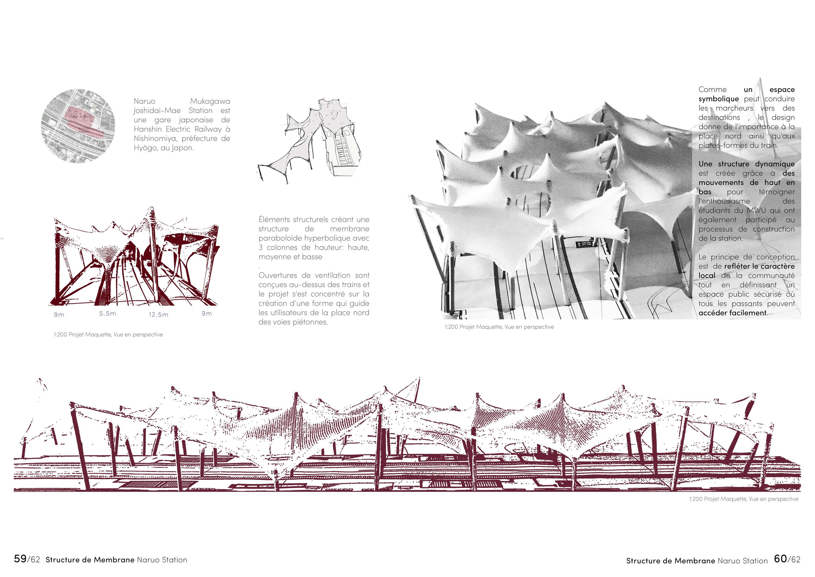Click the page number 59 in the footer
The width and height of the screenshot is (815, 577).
(x=20, y=559)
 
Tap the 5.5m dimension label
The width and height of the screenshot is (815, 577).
(x=108, y=313)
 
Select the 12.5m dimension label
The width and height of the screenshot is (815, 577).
(x=158, y=314)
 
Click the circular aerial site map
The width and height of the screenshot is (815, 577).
(x=78, y=126)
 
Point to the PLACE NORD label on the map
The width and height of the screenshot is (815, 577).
(x=79, y=117)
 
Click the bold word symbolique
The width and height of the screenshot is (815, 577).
(x=718, y=99)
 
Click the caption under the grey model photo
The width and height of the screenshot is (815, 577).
(x=499, y=327)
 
